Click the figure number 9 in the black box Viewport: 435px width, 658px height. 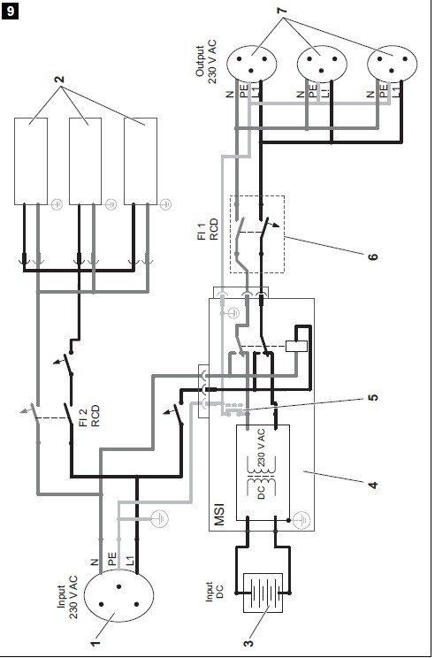(10, 11)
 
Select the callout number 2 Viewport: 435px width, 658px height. (60, 79)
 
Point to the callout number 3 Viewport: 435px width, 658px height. (248, 643)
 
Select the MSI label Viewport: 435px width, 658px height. (219, 515)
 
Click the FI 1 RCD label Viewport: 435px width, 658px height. (208, 229)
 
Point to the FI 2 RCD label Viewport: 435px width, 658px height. (89, 416)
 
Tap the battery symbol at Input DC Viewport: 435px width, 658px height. (263, 593)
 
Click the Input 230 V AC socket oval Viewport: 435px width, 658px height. (118, 596)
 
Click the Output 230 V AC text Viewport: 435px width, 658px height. (206, 62)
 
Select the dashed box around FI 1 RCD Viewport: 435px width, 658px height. (257, 196)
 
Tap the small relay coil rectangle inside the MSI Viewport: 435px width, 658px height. (296, 346)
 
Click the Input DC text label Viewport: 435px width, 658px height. (214, 592)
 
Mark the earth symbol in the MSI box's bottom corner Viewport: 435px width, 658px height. (301, 520)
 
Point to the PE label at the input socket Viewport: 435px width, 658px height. (112, 559)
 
